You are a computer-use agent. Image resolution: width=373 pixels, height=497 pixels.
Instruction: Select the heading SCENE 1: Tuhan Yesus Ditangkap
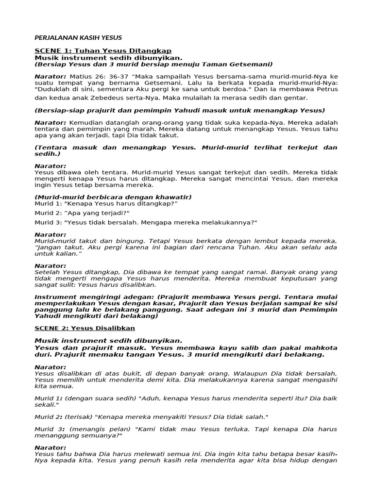tap(103, 51)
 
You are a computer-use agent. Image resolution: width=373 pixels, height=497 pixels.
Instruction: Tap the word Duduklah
tap(55, 90)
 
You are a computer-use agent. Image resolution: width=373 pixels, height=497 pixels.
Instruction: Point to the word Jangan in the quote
tap(49, 248)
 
